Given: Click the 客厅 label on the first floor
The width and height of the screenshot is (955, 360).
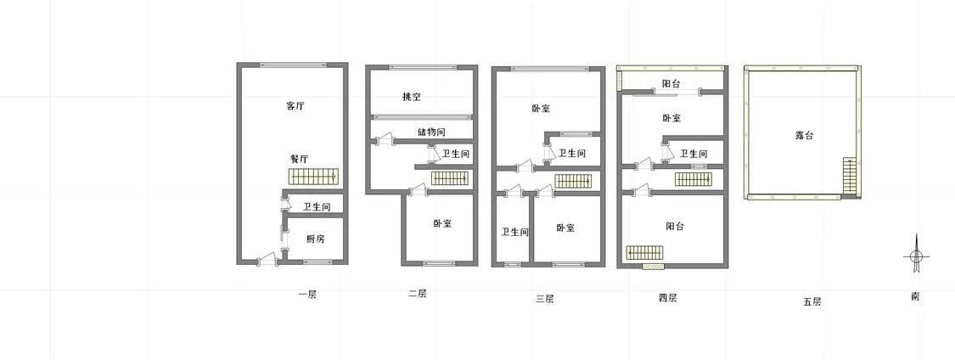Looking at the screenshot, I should (295, 106).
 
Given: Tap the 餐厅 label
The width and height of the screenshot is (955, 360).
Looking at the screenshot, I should (299, 159).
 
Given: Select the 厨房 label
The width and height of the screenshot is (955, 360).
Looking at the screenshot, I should (316, 238).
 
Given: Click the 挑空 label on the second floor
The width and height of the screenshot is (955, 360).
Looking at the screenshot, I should (412, 97).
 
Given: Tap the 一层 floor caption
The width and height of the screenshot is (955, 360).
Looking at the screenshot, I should (307, 295).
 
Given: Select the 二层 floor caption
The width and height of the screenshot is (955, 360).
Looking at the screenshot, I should (417, 294).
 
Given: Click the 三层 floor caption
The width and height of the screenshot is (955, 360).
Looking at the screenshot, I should (544, 298).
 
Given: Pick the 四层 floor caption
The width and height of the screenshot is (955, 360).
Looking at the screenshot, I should (667, 297).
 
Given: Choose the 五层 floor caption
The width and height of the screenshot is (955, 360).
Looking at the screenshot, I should (812, 301).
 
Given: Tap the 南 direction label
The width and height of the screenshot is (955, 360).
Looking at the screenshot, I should (915, 296).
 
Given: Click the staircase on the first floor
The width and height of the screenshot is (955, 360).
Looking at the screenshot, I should (313, 177).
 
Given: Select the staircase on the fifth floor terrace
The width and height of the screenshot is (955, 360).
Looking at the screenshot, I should (849, 177).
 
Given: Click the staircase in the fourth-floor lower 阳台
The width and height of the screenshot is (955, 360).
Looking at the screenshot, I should (646, 252).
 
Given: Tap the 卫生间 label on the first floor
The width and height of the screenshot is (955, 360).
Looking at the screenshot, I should (317, 207).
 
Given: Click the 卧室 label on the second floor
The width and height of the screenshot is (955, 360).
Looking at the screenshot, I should (442, 223).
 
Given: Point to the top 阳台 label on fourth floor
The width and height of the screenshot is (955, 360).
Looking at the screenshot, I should (671, 84).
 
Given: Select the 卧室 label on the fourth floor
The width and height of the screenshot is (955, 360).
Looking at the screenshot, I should (671, 118).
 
